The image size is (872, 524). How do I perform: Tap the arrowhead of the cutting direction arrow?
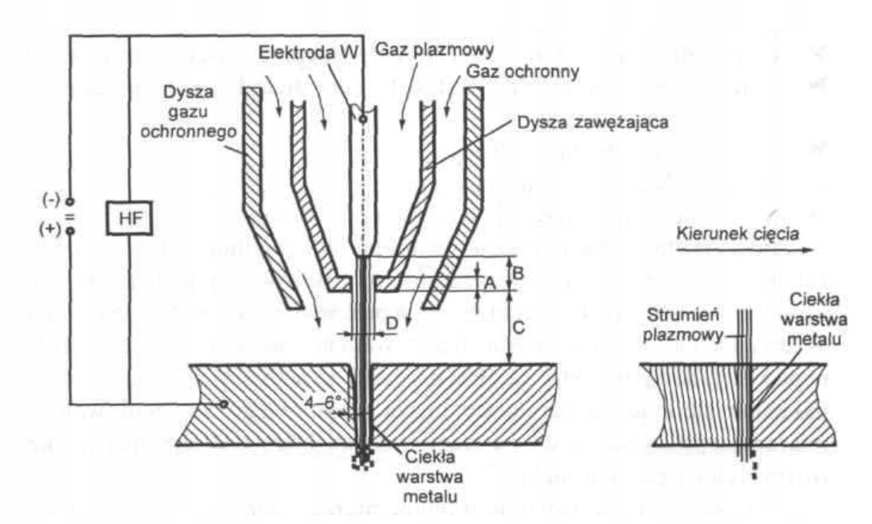coord(809,251)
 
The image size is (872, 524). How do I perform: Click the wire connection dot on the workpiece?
coord(225,404)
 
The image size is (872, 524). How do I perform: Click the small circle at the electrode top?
coord(363,120)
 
